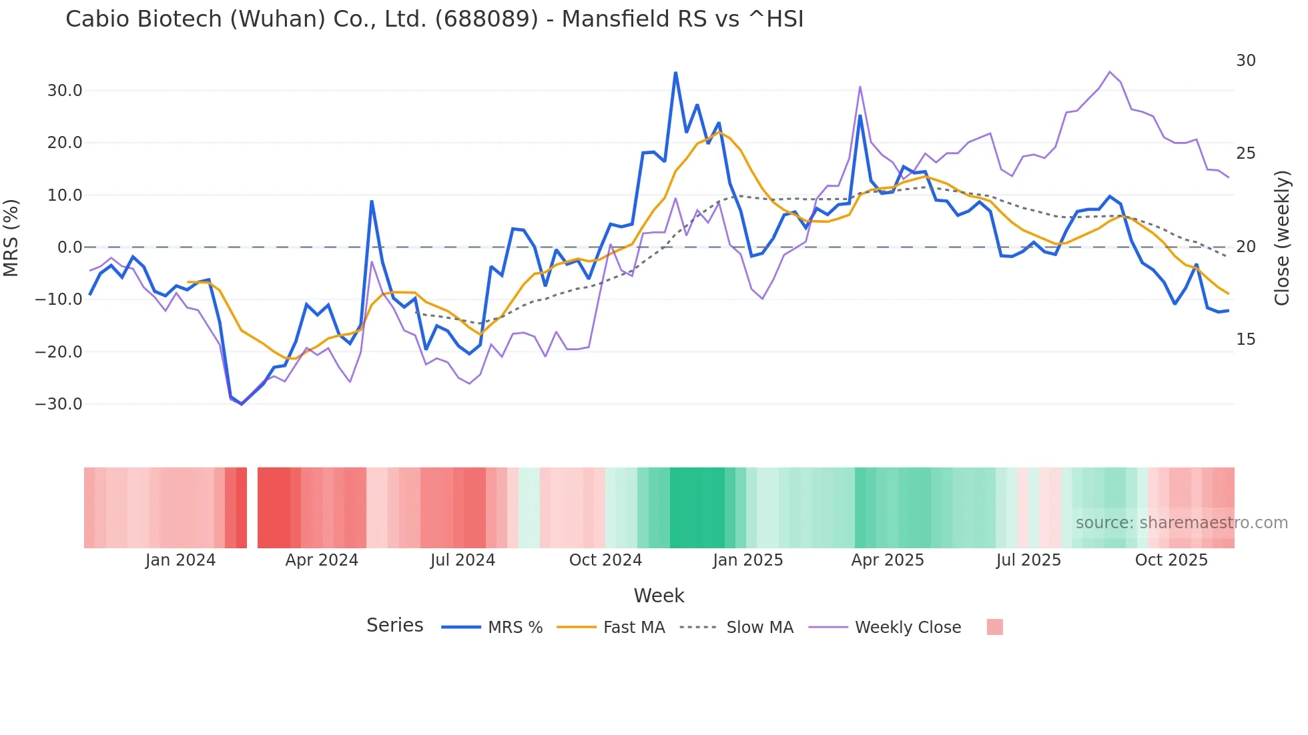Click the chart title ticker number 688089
pyautogui.click(x=486, y=19)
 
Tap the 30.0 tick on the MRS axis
pyautogui.click(x=65, y=91)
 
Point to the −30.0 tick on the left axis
pyautogui.click(x=59, y=404)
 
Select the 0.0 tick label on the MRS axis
pyautogui.click(x=69, y=247)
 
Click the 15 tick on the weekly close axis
pyautogui.click(x=1245, y=339)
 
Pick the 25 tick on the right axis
pyautogui.click(x=1245, y=153)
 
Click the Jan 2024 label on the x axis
pyautogui.click(x=180, y=560)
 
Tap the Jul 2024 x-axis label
pyautogui.click(x=462, y=560)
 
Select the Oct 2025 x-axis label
pyautogui.click(x=1171, y=560)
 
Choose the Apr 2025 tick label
pyautogui.click(x=888, y=560)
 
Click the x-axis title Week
pyautogui.click(x=659, y=596)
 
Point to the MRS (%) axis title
pyautogui.click(x=11, y=237)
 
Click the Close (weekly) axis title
pyautogui.click(x=1282, y=237)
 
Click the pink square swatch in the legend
pyautogui.click(x=994, y=627)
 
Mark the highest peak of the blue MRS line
pyautogui.click(x=675, y=73)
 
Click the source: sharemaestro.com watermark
pyautogui.click(x=1181, y=523)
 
